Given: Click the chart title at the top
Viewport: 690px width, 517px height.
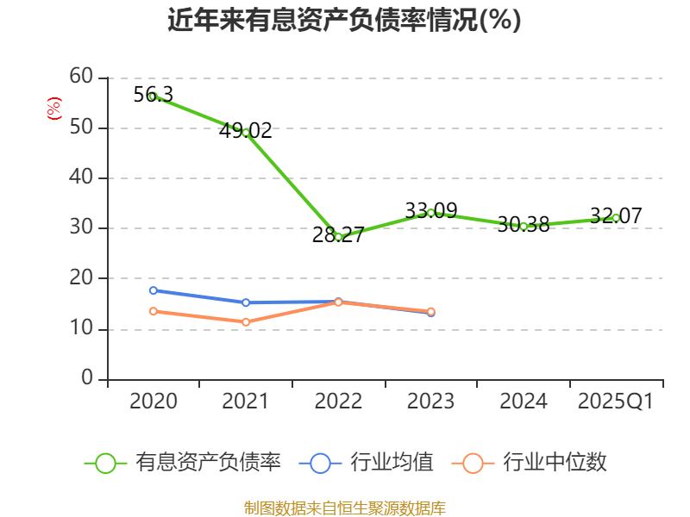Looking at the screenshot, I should point(344,21).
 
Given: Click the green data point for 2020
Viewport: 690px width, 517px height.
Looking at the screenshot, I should point(153,97).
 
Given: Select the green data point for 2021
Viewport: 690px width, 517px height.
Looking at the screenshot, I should point(246,133).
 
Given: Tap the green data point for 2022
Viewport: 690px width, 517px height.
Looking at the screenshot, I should point(338,236).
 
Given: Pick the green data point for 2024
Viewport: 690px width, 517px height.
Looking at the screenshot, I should point(524,226).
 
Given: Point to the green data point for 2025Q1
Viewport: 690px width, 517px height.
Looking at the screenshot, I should point(616,218).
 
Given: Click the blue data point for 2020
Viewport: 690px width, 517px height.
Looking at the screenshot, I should point(153,290).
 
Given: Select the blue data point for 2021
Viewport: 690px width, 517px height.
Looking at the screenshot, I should point(246,302).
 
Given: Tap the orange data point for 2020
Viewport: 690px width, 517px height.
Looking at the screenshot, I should point(153,311).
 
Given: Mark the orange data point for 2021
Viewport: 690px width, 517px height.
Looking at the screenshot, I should point(246,322).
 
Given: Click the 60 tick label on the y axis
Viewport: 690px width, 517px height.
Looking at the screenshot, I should point(81,77).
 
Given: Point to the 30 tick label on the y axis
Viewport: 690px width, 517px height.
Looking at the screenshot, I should point(81,228).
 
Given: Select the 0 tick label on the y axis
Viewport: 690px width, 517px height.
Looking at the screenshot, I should point(87,379).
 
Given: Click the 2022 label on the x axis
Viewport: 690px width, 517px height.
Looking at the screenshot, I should point(338,402).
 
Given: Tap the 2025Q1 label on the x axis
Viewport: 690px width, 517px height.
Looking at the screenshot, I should point(616,402).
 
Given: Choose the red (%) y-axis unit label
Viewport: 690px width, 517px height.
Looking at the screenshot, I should point(54,109).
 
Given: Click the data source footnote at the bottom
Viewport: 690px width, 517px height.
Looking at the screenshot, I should point(344,508).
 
